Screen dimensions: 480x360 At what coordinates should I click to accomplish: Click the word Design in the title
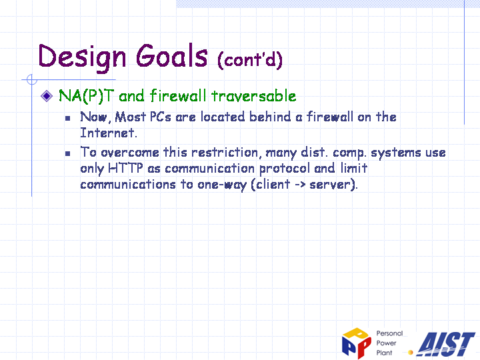(82, 57)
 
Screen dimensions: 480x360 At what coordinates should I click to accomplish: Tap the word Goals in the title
(172, 55)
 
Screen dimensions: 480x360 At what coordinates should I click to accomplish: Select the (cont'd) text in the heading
(250, 59)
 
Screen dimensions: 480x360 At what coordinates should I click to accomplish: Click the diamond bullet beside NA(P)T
(47, 96)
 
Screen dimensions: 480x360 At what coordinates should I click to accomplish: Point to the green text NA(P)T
(86, 96)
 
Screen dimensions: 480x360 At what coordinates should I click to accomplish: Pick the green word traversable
(254, 96)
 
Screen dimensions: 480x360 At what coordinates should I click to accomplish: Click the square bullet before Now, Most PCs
(67, 118)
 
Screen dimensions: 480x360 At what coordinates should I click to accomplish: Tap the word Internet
(109, 133)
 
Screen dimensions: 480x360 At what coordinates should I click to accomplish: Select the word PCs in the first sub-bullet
(161, 117)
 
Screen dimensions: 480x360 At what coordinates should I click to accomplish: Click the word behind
(270, 117)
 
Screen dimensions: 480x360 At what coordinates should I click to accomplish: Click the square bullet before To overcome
(67, 154)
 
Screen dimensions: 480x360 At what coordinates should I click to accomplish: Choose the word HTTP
(125, 168)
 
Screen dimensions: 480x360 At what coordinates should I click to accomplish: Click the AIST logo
(446, 344)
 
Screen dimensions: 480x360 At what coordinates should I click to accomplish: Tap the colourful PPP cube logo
(357, 343)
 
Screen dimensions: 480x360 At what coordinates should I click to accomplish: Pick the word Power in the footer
(386, 343)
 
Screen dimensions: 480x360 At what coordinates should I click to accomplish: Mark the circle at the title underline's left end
(32, 79)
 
